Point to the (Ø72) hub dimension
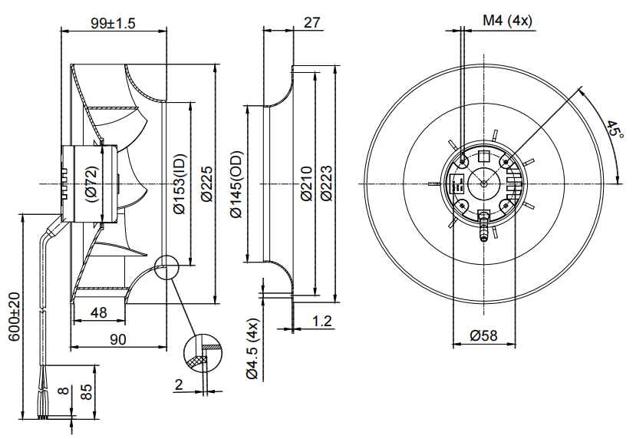tap(91, 184)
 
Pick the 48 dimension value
tap(98, 312)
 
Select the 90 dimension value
tap(117, 338)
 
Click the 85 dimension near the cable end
tap(87, 392)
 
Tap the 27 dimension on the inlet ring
tap(311, 22)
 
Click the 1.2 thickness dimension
tap(322, 322)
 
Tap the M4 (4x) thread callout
tap(507, 21)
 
